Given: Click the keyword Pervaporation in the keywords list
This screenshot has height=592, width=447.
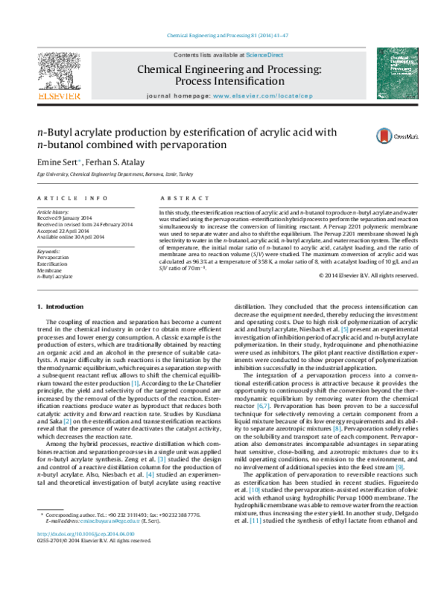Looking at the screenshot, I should pos(54,256).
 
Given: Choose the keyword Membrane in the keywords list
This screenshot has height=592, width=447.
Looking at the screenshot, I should pos(51,270).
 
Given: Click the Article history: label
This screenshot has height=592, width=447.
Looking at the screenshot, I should pos(53,211).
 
